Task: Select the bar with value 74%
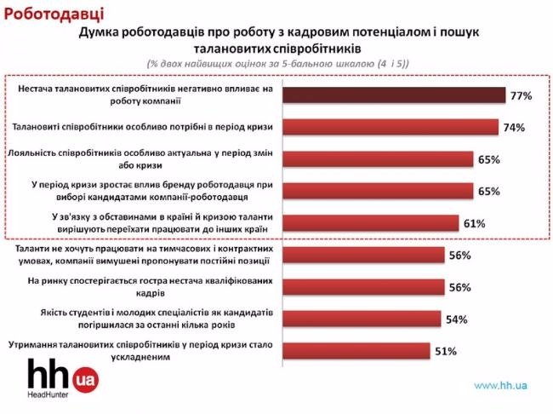(390, 128)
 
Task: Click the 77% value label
(521, 96)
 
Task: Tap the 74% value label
(513, 128)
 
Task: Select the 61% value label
(475, 223)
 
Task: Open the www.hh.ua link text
(501, 386)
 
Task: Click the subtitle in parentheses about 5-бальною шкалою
(277, 63)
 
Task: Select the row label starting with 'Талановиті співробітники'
(143, 128)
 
